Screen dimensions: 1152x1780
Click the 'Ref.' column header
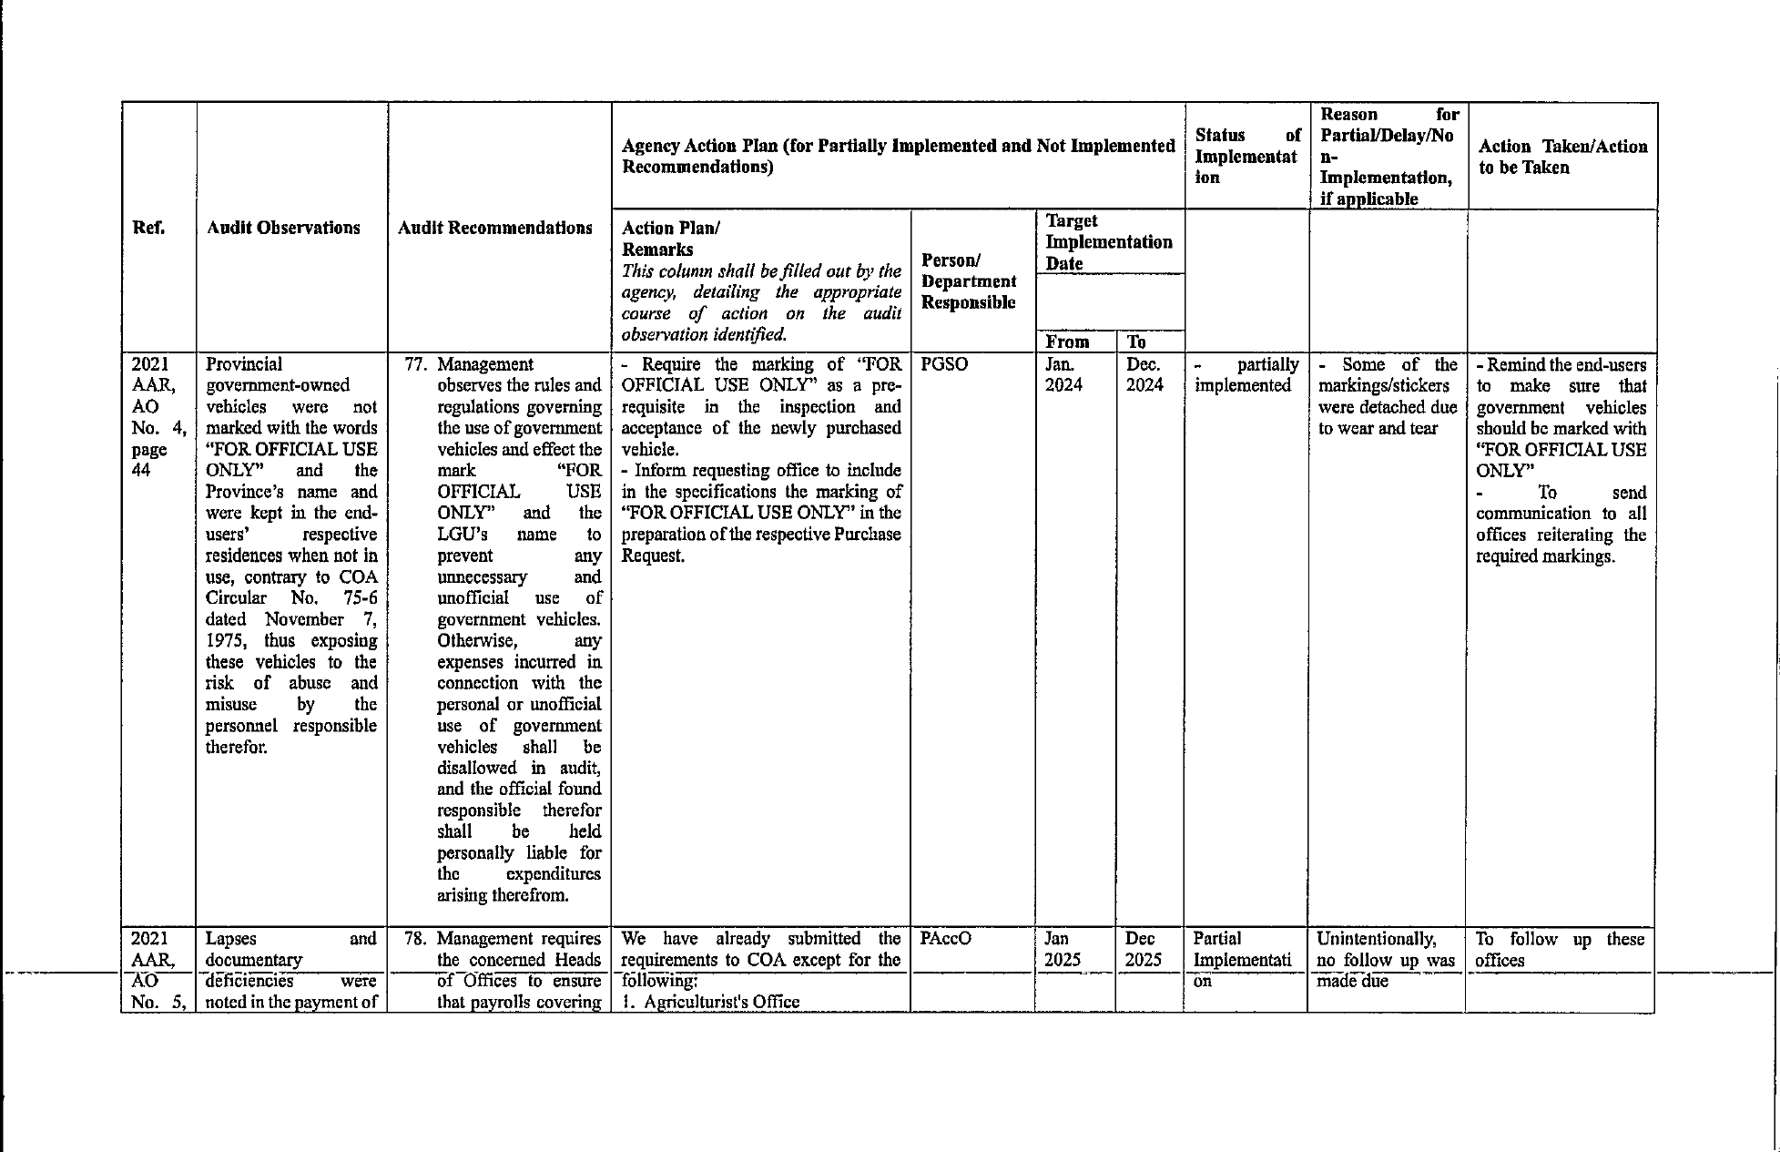pyautogui.click(x=148, y=228)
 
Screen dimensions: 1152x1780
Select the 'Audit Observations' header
pyautogui.click(x=283, y=228)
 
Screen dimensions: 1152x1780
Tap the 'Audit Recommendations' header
pyautogui.click(x=495, y=228)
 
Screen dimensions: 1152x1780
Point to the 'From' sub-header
pyautogui.click(x=1067, y=342)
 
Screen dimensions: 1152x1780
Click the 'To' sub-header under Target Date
pyautogui.click(x=1136, y=342)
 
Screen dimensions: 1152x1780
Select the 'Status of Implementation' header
pyautogui.click(x=1246, y=156)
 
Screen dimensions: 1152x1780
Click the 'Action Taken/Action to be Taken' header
pyautogui.click(x=1562, y=157)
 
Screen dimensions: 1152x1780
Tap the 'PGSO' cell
pyautogui.click(x=944, y=364)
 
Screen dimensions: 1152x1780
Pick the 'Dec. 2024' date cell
pyautogui.click(x=1144, y=374)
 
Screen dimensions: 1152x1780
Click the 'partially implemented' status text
pyautogui.click(x=1246, y=374)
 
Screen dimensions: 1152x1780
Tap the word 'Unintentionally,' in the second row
pyautogui.click(x=1376, y=939)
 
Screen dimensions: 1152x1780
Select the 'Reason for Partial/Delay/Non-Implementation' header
pyautogui.click(x=1388, y=156)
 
